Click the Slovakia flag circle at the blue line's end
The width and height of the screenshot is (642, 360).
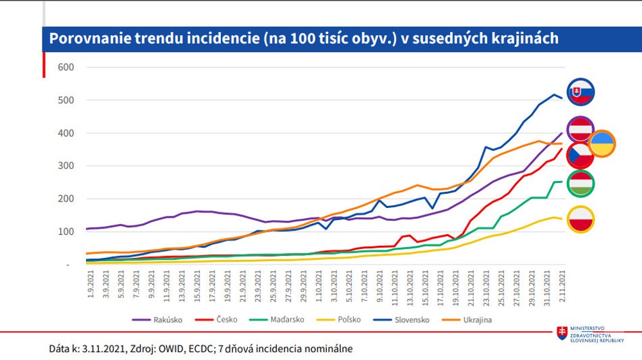click(580, 92)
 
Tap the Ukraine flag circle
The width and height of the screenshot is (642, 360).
click(602, 144)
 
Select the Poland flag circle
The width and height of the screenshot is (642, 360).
click(580, 219)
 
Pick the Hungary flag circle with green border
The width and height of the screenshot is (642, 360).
click(580, 184)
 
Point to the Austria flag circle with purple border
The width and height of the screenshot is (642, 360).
click(580, 129)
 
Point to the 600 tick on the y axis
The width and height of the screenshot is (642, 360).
click(66, 67)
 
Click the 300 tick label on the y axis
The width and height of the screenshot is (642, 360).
click(66, 166)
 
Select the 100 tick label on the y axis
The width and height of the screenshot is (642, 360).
click(66, 232)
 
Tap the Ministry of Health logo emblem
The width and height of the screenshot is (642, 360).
click(562, 333)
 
